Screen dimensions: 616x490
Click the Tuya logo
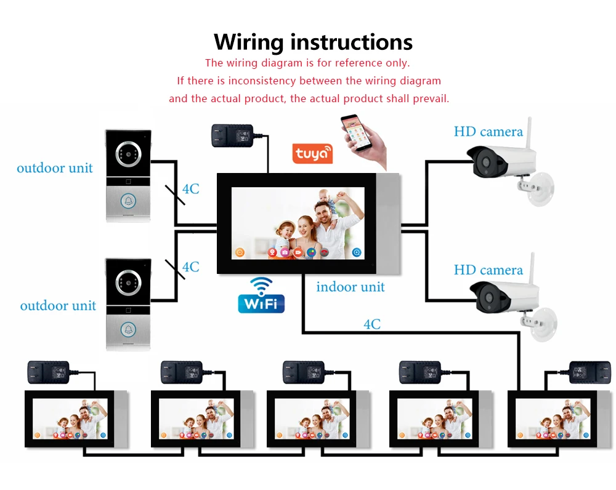point(312,153)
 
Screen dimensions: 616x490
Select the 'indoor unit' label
point(350,287)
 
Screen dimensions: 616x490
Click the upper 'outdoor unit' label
point(55,168)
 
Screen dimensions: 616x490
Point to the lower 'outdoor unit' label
point(58,305)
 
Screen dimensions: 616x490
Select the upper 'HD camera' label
point(488,132)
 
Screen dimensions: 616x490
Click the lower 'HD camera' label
point(488,270)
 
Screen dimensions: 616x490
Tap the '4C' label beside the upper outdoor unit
point(190,189)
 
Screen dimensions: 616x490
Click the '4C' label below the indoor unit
point(371,324)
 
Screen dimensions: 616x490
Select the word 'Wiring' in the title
point(248,42)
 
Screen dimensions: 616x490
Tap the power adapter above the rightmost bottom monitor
point(590,371)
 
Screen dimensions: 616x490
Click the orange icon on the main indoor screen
point(240,252)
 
